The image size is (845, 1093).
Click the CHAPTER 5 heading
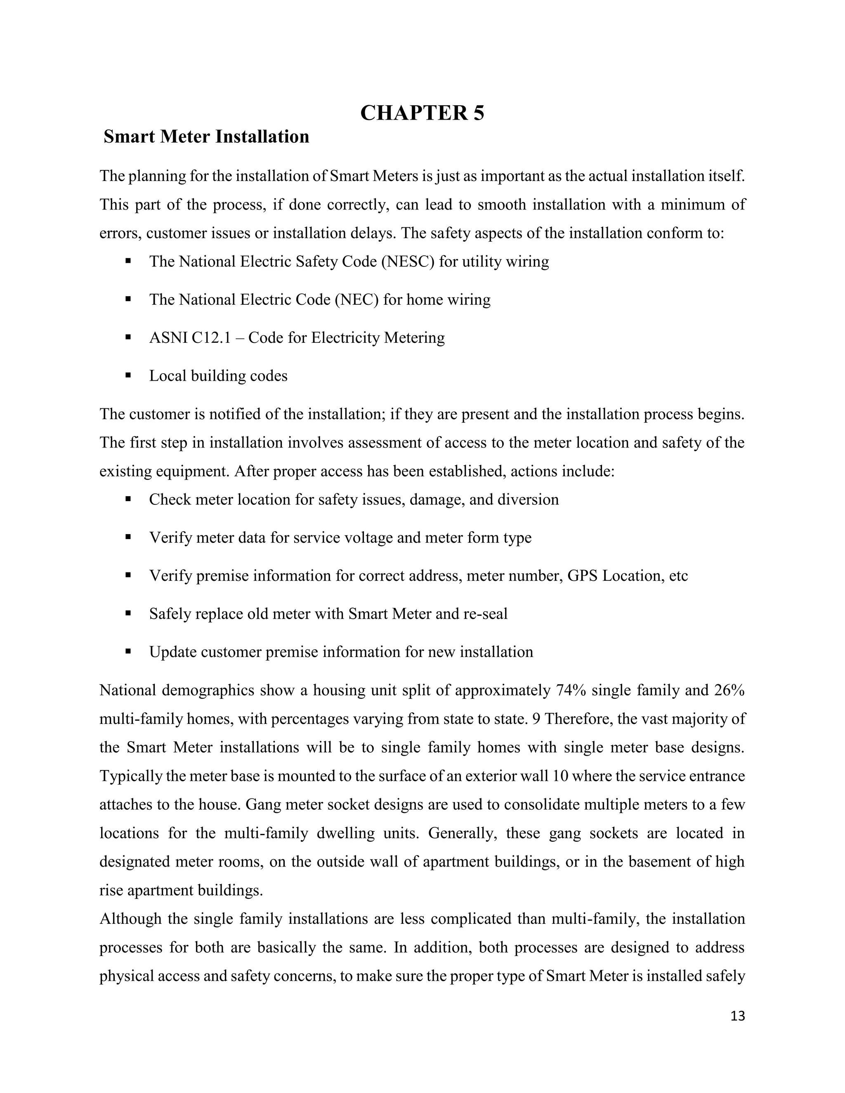[x=422, y=113]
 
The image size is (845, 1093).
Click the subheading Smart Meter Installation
[x=206, y=137]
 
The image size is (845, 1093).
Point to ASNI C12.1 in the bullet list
[x=190, y=338]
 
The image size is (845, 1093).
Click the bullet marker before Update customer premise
[x=128, y=651]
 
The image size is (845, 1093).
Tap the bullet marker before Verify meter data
[x=128, y=537]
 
